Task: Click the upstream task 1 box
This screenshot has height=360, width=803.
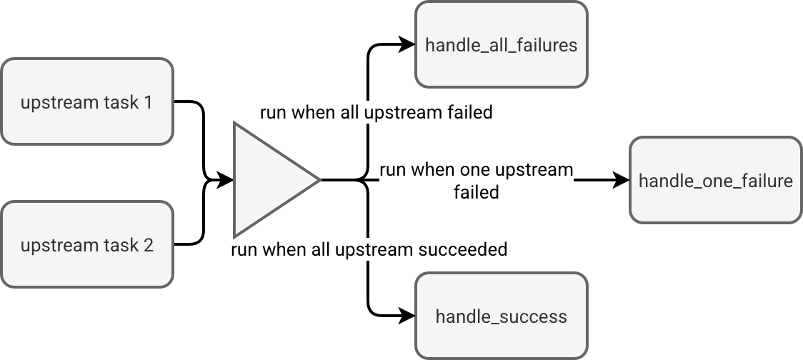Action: (87, 101)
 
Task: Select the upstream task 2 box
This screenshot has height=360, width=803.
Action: (87, 244)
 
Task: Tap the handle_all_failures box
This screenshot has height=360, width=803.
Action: (502, 44)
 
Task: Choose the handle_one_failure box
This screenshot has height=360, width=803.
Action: (716, 180)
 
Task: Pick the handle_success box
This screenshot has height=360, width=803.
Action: (502, 316)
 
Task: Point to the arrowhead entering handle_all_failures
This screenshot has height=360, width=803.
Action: (407, 44)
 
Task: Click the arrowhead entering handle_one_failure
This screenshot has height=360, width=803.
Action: (622, 180)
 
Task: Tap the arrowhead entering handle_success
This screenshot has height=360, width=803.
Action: (407, 316)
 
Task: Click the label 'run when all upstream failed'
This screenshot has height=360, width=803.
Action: (376, 112)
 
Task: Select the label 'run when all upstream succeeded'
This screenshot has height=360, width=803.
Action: (369, 249)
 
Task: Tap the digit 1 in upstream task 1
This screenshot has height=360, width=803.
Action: (148, 102)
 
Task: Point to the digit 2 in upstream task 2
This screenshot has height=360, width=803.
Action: (149, 245)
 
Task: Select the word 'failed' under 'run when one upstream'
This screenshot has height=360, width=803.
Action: (477, 192)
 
